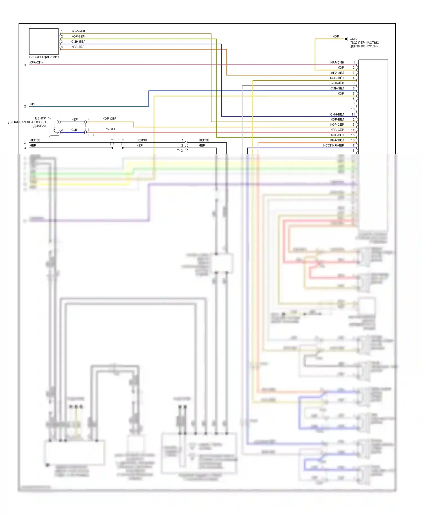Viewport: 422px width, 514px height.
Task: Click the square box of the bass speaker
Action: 44,41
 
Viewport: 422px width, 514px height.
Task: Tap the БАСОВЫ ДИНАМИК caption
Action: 44,57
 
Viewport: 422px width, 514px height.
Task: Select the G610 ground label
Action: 353,39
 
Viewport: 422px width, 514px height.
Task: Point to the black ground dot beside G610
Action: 346,39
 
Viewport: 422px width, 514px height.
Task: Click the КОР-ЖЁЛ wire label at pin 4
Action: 337,78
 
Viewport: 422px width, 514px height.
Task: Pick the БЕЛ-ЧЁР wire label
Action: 337,83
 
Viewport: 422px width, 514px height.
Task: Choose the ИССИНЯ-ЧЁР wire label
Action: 333,145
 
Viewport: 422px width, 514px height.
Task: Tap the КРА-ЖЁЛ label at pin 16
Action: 337,140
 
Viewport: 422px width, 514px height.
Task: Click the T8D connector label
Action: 91,135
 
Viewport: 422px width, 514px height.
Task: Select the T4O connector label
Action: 180,151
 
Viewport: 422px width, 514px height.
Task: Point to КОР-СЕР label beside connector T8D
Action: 109,119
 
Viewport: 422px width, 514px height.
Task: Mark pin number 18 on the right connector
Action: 353,151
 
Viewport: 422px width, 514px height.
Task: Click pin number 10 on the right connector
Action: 353,109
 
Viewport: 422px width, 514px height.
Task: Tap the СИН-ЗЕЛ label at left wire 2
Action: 37,104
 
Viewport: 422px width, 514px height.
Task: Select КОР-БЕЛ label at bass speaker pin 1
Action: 78,31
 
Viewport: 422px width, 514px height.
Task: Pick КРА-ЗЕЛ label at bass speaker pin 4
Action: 78,47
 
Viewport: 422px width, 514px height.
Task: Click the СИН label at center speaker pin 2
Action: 75,130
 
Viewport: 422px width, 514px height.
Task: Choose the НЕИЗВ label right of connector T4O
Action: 204,140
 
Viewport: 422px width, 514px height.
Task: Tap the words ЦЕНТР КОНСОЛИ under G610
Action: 363,46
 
